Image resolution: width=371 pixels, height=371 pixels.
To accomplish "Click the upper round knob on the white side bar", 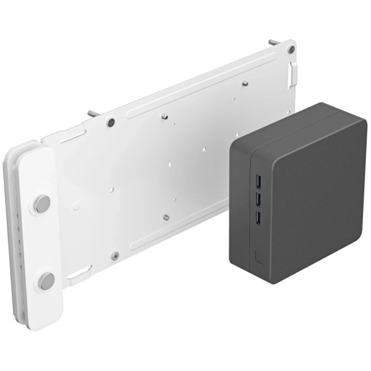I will click(x=42, y=203).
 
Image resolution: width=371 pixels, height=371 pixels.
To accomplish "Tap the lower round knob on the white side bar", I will click(x=46, y=281).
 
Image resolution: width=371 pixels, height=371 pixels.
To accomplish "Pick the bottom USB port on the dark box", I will click(x=257, y=218).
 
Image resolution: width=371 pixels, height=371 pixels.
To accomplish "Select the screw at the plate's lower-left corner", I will click(x=115, y=255).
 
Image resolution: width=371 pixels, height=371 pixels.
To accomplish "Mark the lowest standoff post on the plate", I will click(x=166, y=216).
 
